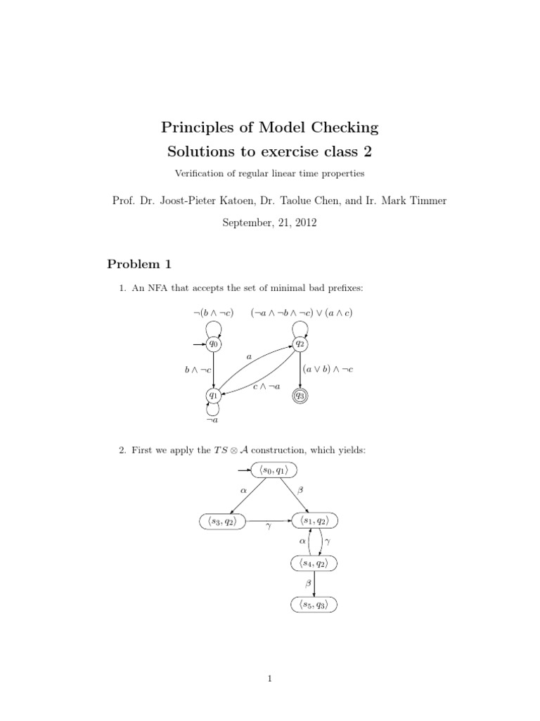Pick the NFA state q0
pos(214,344)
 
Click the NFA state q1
pos(214,396)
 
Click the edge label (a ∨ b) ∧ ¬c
pos(328,368)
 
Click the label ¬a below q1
pos(212,420)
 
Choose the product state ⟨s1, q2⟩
pos(314,521)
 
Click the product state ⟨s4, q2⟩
pos(314,563)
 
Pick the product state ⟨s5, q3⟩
pos(314,604)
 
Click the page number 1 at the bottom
pos(270,678)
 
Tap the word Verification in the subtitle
pos(201,173)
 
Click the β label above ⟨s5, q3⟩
pos(307,584)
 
